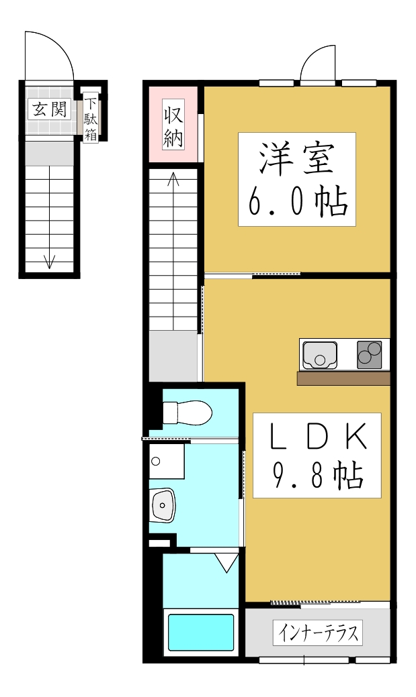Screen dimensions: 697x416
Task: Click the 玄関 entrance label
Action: (49, 109)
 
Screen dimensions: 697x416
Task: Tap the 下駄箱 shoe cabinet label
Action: (91, 119)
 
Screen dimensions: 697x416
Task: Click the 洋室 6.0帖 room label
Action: (296, 179)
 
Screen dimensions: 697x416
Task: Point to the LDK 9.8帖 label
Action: (317, 455)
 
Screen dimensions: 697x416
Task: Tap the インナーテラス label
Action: (317, 633)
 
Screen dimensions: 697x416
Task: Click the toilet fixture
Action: (188, 411)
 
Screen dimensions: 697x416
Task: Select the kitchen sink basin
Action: (319, 355)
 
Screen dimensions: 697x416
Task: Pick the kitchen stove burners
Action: (369, 354)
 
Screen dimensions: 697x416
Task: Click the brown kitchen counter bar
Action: (343, 379)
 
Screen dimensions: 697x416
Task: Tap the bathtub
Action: (200, 632)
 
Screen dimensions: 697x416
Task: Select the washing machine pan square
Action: (166, 461)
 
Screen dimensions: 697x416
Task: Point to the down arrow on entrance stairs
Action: (49, 260)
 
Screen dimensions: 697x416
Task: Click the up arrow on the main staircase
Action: (173, 180)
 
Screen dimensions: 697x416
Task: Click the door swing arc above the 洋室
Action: (317, 64)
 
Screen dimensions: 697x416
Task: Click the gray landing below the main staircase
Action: (173, 356)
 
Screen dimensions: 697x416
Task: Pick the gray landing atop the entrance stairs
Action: (49, 152)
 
